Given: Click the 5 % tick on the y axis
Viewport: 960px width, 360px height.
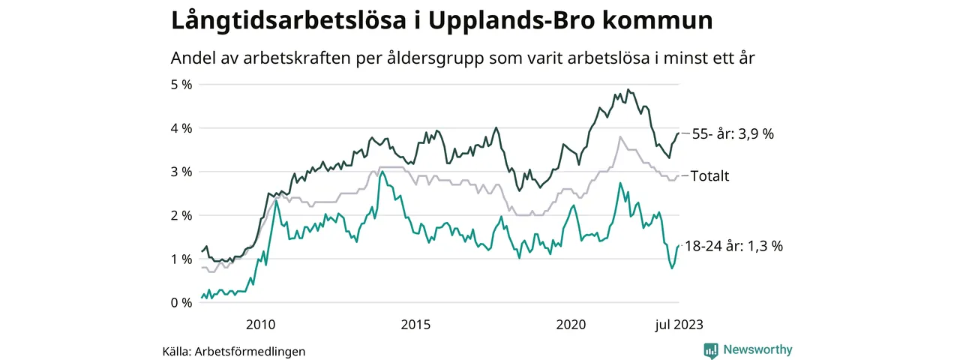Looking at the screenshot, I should pyautogui.click(x=181, y=85).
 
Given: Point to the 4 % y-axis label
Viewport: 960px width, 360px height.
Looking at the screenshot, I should pyautogui.click(x=181, y=128).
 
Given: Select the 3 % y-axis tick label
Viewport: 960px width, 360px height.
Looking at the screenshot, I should pyautogui.click(x=181, y=172).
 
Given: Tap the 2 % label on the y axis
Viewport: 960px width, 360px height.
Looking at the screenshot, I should pyautogui.click(x=181, y=215).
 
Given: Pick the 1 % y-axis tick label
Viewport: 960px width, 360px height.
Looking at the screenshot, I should pyautogui.click(x=181, y=259).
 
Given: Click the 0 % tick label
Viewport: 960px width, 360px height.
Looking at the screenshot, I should pyautogui.click(x=181, y=302).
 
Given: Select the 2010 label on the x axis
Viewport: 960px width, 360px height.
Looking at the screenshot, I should pyautogui.click(x=260, y=325).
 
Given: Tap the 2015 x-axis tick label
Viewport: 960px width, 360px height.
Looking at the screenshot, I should pyautogui.click(x=415, y=325).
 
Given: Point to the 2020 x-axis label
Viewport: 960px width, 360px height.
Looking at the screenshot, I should pyautogui.click(x=571, y=325).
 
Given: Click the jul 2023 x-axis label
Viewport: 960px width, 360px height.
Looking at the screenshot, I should pyautogui.click(x=678, y=325).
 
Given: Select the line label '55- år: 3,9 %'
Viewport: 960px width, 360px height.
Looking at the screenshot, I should pyautogui.click(x=733, y=134).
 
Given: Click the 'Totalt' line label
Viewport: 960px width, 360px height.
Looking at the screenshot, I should pyautogui.click(x=709, y=176).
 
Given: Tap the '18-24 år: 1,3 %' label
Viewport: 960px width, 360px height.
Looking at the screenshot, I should pyautogui.click(x=733, y=246).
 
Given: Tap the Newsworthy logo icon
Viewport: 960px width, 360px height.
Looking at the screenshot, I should pyautogui.click(x=711, y=349).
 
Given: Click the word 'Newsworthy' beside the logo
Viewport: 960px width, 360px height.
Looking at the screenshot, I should pyautogui.click(x=757, y=349).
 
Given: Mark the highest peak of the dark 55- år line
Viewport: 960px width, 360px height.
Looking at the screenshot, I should pyautogui.click(x=628, y=90).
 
